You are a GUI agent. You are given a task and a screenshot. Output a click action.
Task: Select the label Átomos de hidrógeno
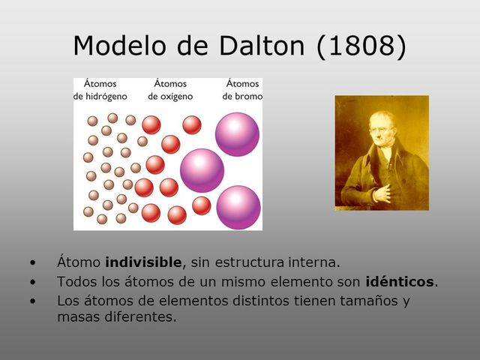pos(100,90)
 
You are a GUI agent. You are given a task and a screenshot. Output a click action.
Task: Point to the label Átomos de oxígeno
pos(170,90)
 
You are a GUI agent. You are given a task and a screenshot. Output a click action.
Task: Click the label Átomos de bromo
pos(241,90)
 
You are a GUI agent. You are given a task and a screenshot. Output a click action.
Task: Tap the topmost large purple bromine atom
pos(237,133)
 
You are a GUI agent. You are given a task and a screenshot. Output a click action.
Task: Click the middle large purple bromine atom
pos(202,169)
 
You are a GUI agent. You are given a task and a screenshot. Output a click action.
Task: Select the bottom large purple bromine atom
pos(238,206)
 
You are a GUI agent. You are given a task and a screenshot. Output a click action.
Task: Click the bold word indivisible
pos(144,262)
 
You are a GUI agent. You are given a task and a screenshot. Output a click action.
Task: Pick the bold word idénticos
pos(400,282)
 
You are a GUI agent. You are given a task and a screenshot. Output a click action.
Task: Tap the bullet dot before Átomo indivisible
pos(32,263)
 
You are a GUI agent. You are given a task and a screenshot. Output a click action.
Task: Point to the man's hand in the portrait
pos(382,192)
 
